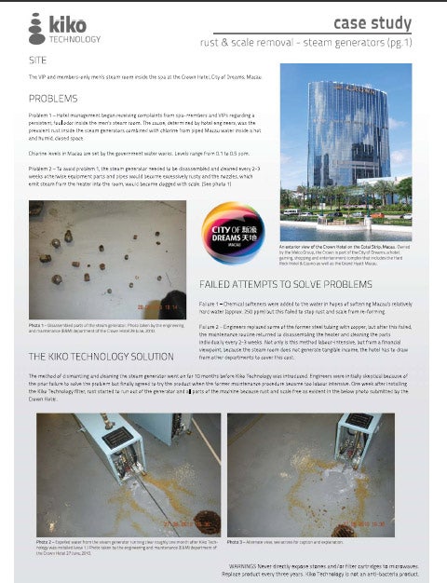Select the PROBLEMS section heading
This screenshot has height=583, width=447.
coord(52,97)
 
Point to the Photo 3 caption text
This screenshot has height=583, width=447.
coord(289,541)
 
